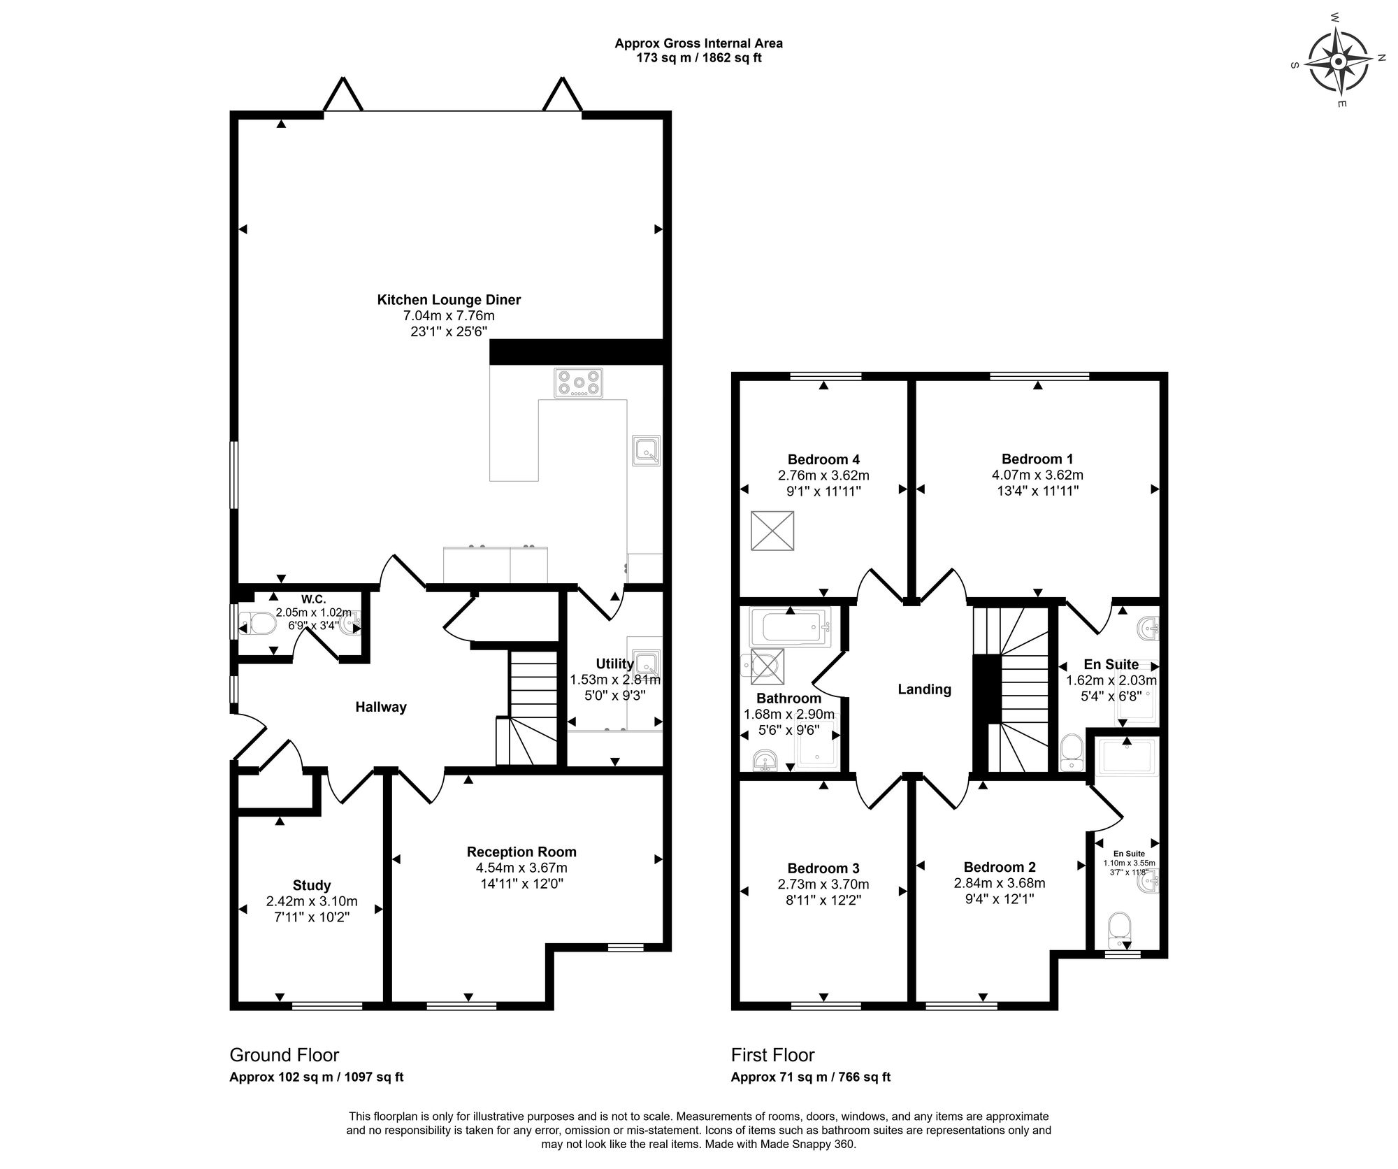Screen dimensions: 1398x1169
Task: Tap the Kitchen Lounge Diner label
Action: tap(449, 300)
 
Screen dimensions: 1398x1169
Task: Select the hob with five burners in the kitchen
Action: tap(579, 382)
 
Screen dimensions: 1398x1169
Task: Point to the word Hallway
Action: tap(381, 707)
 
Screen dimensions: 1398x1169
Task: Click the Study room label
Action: tap(312, 885)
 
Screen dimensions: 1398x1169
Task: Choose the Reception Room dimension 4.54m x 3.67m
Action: tap(521, 868)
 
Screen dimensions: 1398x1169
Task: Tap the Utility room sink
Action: tap(647, 662)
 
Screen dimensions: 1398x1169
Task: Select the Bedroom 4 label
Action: tap(823, 459)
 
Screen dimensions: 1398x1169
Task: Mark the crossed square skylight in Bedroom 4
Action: tap(772, 531)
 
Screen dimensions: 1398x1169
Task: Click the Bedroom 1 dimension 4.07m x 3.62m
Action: tap(1037, 475)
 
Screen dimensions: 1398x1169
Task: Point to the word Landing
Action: tap(924, 689)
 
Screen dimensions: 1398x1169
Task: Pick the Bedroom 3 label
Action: tap(823, 868)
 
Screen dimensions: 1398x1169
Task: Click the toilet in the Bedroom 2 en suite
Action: tap(1120, 927)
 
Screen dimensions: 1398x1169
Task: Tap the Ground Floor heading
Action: tap(284, 1055)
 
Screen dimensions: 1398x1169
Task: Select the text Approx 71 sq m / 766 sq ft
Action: tap(811, 1077)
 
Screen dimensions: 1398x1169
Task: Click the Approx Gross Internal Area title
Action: tap(698, 43)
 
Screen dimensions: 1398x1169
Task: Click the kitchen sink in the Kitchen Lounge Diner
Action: tap(646, 451)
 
